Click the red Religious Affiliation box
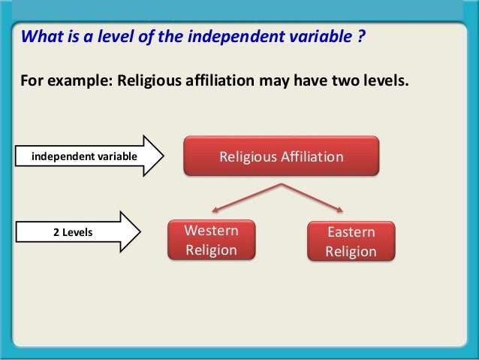[x=281, y=157]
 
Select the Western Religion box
[x=211, y=240]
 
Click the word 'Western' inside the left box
[x=211, y=231]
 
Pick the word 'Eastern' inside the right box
[x=351, y=233]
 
